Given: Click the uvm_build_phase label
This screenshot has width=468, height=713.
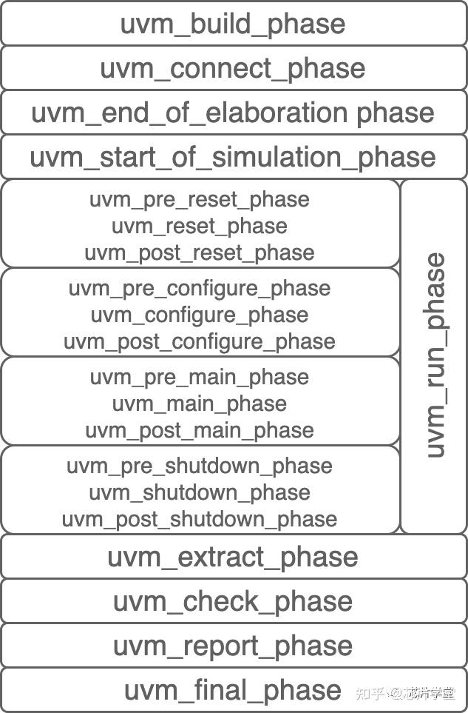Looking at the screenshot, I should point(233,24).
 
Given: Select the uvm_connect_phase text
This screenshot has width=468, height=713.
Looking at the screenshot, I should point(233,68).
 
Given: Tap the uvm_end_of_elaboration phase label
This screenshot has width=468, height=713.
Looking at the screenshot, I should point(233,113).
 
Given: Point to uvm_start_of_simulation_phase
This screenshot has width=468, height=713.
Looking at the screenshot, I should point(233,157).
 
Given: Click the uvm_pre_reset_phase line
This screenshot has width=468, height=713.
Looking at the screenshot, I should point(200,200).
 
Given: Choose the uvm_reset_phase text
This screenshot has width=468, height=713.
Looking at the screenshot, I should point(200,226).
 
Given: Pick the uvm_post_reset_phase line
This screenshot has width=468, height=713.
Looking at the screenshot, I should point(200,252).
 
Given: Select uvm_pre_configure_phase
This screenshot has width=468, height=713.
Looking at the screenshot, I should point(200,288).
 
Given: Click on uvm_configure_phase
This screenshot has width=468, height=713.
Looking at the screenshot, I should point(200,315).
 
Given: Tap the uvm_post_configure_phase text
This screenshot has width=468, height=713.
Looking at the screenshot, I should point(200,341).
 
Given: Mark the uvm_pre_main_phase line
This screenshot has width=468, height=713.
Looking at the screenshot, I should point(200,377).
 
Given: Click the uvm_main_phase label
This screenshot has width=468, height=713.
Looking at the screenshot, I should point(200,404).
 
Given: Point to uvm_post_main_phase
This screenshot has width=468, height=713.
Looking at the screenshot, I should point(200,430).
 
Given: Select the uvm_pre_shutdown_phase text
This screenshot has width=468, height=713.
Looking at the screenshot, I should point(200,466).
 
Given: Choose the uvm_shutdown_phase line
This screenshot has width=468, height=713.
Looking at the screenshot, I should point(200,492).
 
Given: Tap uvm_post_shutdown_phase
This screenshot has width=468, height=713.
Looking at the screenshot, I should point(200,519).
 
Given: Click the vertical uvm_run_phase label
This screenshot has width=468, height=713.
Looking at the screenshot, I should point(435,355).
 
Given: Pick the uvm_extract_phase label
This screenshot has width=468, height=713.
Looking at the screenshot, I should point(233,557).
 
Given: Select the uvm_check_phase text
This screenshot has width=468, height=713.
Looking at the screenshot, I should point(233,601).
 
